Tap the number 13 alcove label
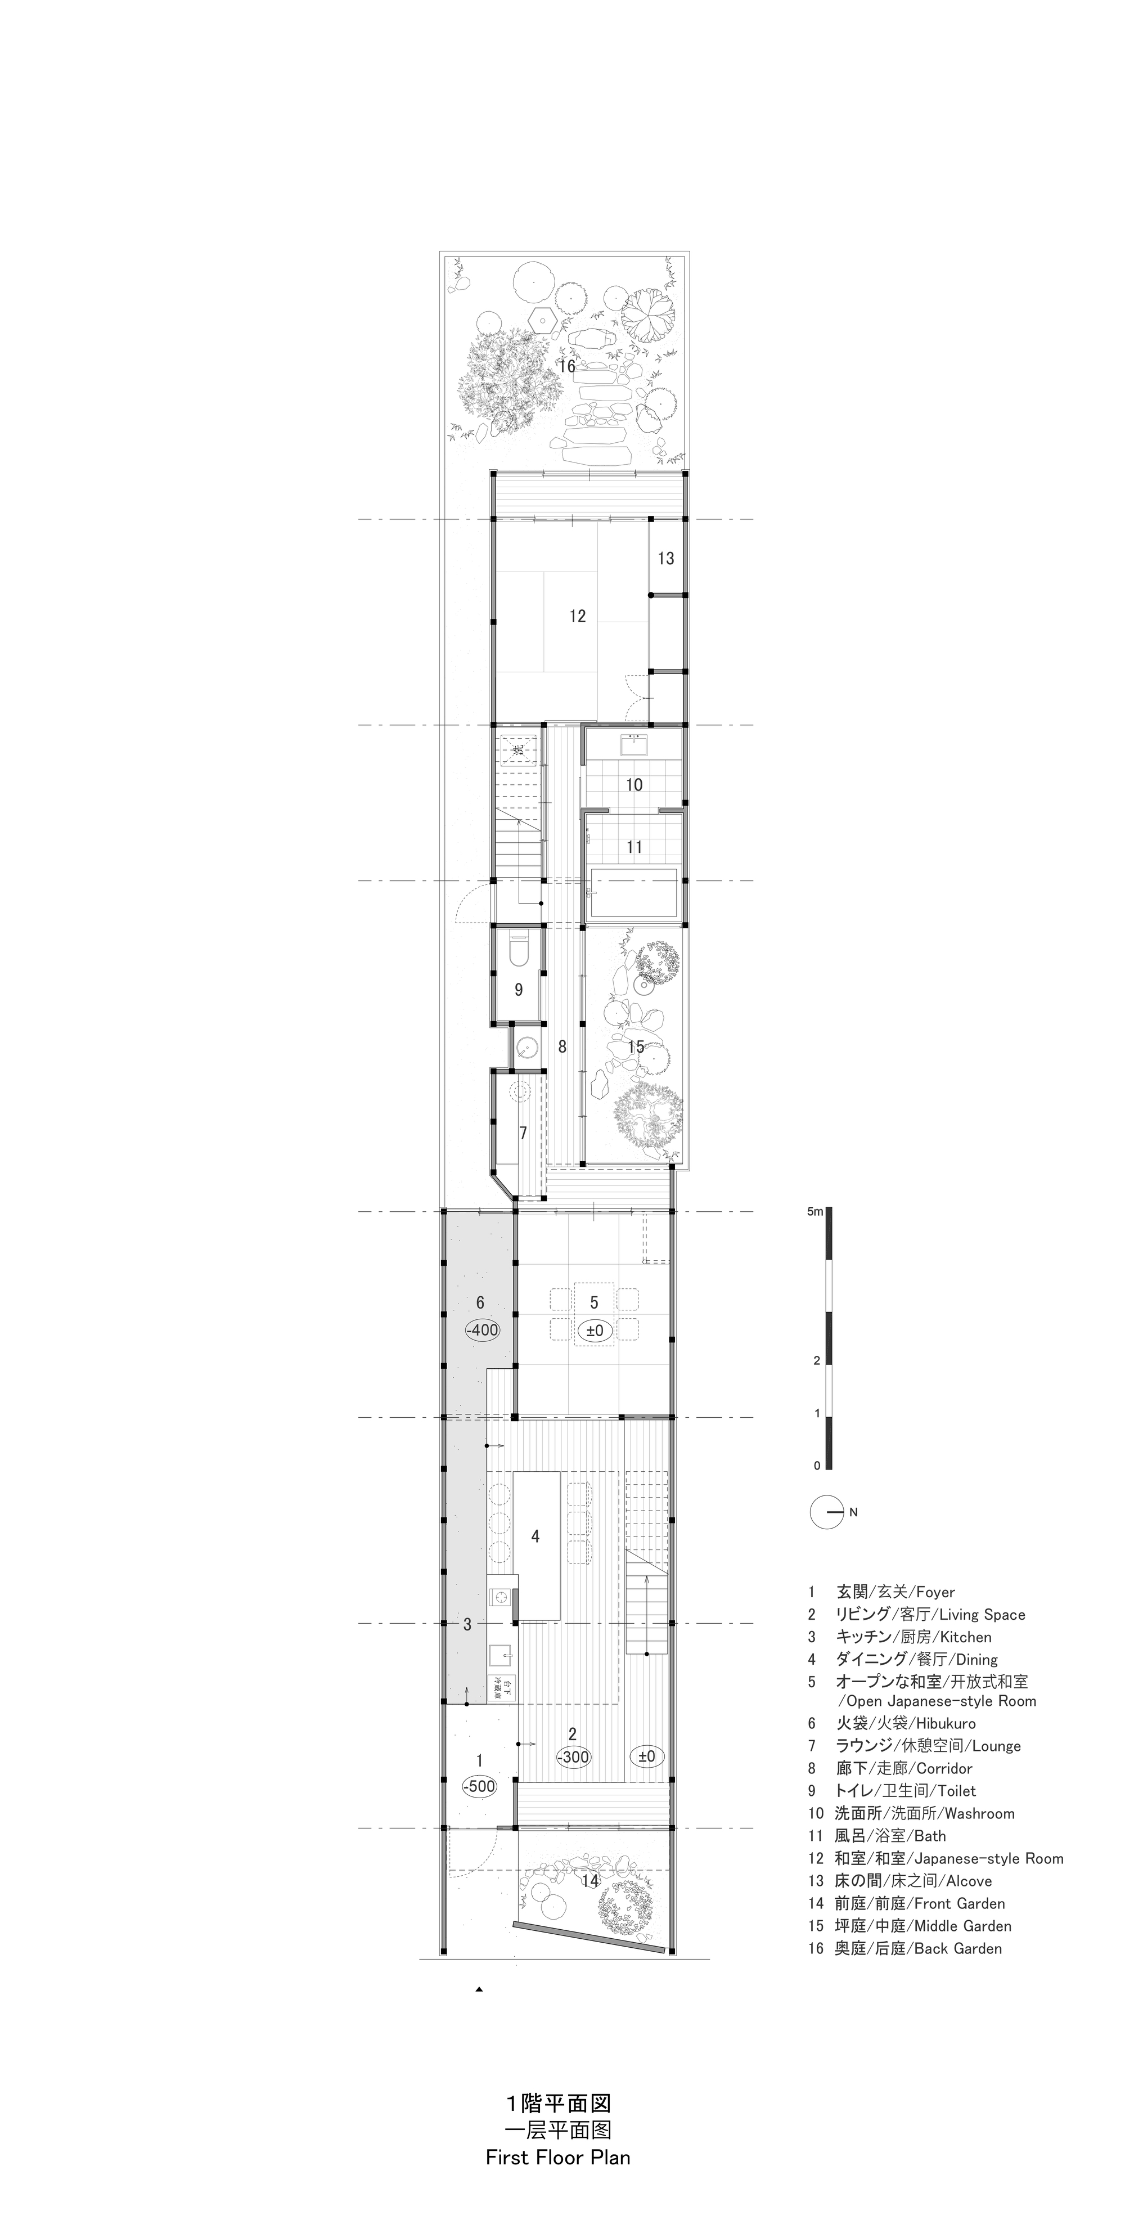tap(665, 558)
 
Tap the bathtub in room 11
tap(633, 894)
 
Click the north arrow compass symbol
tap(827, 1512)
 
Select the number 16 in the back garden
tap(567, 367)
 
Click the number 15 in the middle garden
tap(636, 1047)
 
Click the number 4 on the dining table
tap(535, 1536)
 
